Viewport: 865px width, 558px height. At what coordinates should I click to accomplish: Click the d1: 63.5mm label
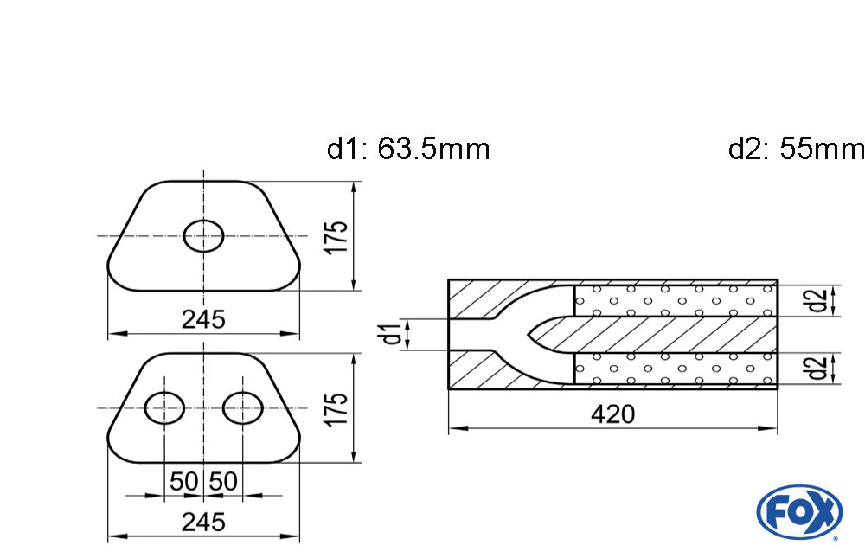click(x=408, y=149)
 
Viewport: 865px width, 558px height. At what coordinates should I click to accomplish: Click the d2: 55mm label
click(x=796, y=149)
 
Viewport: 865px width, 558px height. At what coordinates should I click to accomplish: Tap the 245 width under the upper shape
click(x=203, y=319)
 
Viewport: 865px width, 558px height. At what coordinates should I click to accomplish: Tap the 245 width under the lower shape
click(x=203, y=523)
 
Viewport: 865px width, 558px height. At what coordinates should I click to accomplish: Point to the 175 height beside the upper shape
click(x=338, y=236)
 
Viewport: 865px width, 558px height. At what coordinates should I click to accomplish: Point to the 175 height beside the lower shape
click(x=338, y=408)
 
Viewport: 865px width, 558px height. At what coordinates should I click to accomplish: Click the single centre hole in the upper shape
click(x=204, y=235)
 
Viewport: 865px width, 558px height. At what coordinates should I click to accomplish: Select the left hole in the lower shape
click(x=163, y=407)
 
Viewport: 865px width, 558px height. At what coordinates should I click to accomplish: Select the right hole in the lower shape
click(x=243, y=407)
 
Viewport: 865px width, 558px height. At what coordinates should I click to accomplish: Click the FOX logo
click(x=799, y=510)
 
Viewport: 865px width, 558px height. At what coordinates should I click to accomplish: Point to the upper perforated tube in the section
click(x=675, y=300)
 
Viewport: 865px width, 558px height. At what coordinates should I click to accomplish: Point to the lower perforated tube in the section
click(x=675, y=369)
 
